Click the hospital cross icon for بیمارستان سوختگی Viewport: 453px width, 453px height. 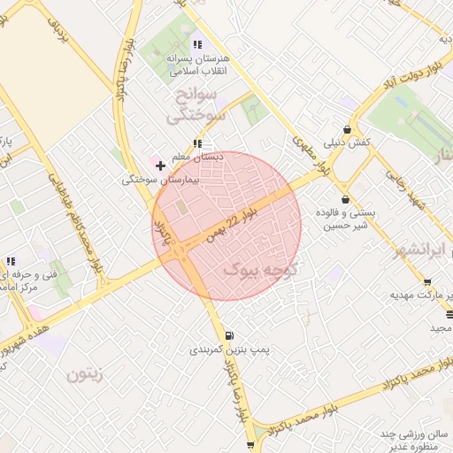(x=160, y=165)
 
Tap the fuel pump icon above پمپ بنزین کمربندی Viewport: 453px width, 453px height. (x=230, y=335)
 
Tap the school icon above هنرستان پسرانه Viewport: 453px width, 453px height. (x=198, y=43)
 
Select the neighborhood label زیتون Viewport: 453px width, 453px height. (x=85, y=374)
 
